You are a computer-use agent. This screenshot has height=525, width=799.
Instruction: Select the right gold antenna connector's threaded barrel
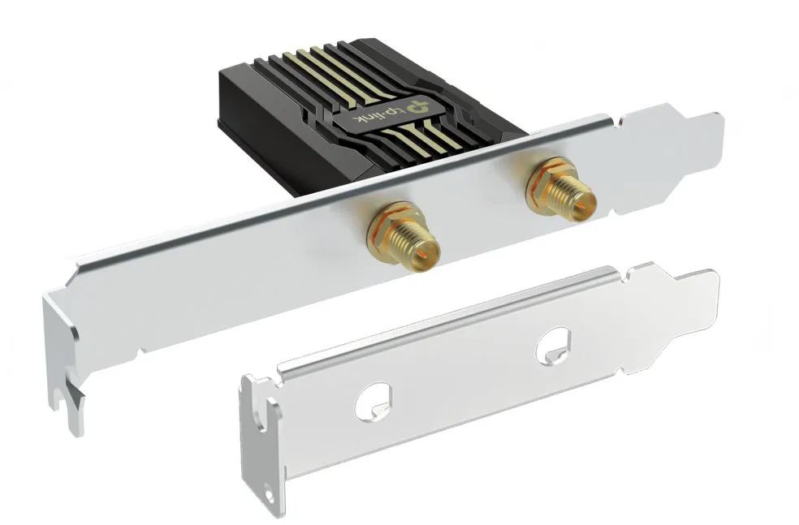(574, 195)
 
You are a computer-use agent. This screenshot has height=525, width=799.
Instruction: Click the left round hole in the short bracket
(373, 402)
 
